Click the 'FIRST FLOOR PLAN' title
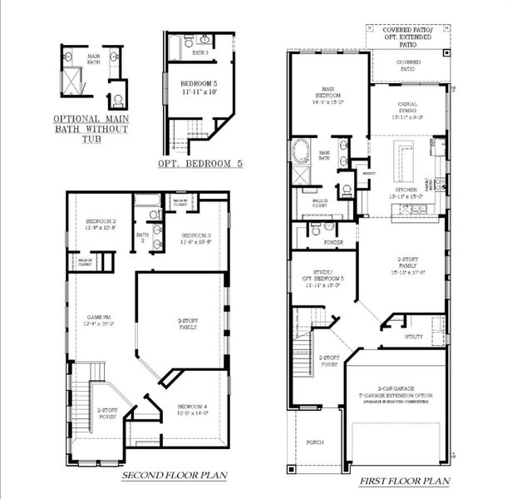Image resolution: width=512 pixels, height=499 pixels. coord(405,482)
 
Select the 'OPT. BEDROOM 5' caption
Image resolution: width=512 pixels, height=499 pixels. coord(200,165)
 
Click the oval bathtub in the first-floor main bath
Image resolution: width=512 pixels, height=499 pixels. coord(300,153)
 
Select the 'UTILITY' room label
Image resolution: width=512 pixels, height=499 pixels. coord(413,337)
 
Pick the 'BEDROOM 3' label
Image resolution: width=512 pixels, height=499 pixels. coord(196,238)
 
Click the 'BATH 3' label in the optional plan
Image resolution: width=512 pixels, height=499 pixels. coord(199,52)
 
